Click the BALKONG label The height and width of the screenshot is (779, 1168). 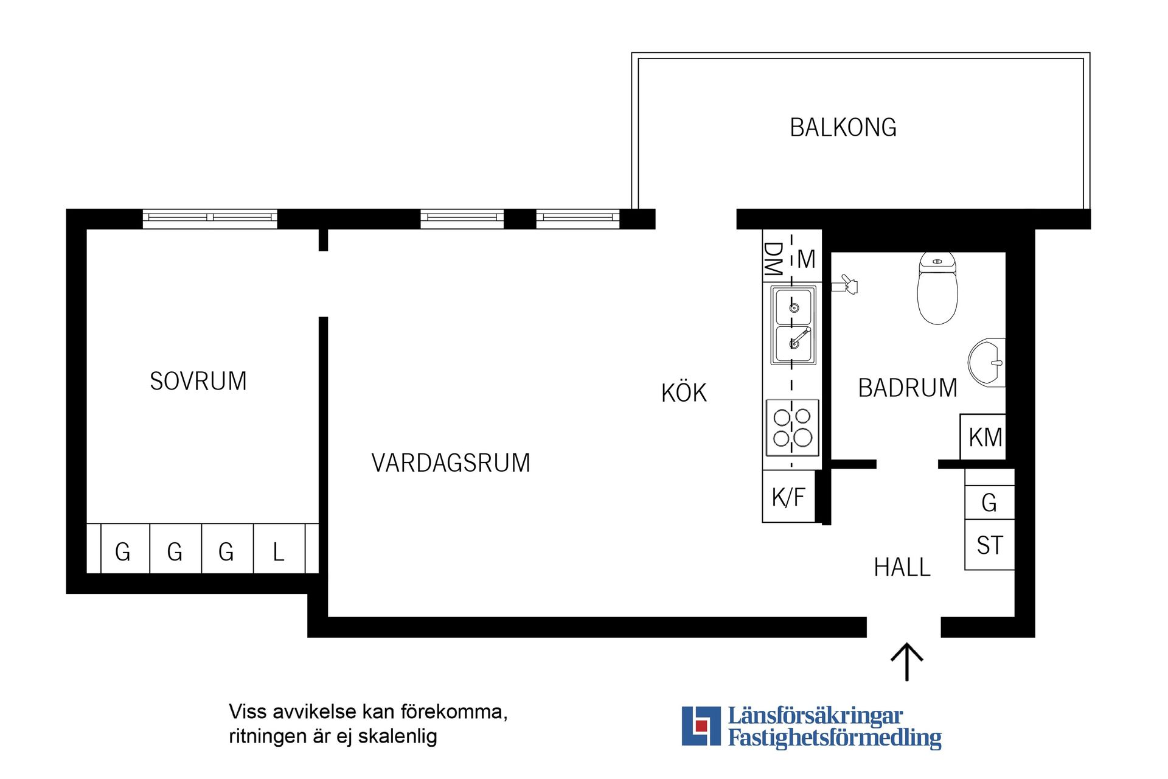[843, 128]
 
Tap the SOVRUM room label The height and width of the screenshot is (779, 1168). [198, 382]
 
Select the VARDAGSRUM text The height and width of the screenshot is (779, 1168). [451, 463]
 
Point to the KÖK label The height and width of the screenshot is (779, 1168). [684, 393]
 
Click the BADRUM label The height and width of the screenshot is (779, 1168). [908, 388]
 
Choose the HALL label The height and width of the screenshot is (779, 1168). [902, 568]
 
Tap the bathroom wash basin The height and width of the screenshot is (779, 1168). [987, 363]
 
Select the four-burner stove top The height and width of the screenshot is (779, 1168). [792, 428]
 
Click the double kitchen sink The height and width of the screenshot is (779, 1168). [793, 326]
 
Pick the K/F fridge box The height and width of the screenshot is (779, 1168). [788, 497]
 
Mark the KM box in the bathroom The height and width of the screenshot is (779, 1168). [984, 438]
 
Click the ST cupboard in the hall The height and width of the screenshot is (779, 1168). [989, 545]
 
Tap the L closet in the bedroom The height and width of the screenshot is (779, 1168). [279, 551]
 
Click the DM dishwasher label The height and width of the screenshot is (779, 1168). [773, 259]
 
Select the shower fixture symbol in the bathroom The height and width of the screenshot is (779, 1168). [846, 284]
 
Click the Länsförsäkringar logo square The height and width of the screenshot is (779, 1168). [701, 725]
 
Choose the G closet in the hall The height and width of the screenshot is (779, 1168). [989, 503]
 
